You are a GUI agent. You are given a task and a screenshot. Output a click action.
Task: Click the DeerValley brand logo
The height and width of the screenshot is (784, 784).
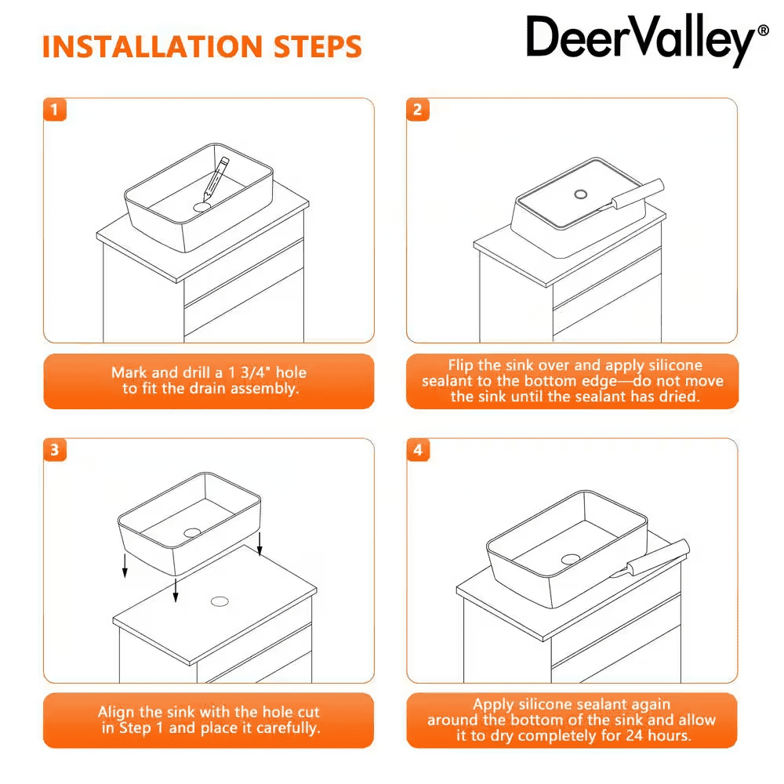tap(648, 40)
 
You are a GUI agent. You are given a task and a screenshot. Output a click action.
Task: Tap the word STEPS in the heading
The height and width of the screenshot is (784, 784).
tap(318, 47)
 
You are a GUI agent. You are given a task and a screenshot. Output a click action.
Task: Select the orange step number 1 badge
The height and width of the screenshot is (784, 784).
tap(55, 110)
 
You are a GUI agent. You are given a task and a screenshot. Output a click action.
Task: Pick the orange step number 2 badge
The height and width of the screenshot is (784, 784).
tap(418, 110)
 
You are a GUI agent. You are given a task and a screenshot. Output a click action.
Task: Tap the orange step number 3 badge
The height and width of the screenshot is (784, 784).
tap(55, 450)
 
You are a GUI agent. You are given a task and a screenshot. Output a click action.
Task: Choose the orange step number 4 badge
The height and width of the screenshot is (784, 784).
tap(418, 450)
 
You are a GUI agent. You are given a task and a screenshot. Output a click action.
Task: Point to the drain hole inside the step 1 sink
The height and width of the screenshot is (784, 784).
tap(202, 206)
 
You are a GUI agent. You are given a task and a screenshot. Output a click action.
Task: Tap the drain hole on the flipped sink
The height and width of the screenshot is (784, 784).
tap(580, 194)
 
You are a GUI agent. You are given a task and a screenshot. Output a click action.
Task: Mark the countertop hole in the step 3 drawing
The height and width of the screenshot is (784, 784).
tap(220, 601)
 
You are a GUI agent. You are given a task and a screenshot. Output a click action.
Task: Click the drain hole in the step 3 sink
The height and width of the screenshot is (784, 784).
tap(192, 532)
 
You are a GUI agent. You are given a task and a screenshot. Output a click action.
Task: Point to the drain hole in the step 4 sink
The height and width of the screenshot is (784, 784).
tap(571, 559)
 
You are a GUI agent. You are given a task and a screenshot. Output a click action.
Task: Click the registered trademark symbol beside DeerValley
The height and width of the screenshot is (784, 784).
tap(764, 31)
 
